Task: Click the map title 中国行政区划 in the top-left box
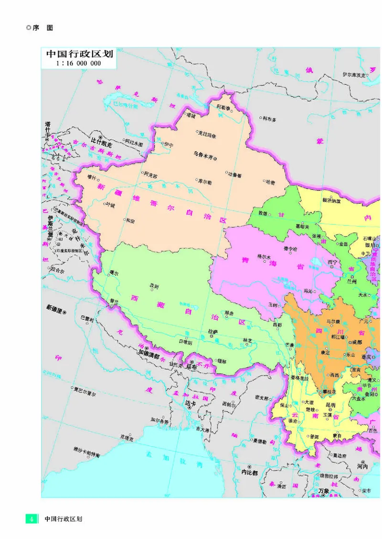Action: (79, 54)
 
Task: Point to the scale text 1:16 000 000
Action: (79, 63)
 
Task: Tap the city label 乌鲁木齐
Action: (203, 153)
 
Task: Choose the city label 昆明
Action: (330, 405)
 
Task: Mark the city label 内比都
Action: (249, 473)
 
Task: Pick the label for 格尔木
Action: (264, 256)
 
